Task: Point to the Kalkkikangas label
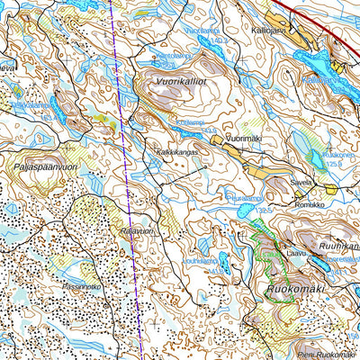pos(176,153)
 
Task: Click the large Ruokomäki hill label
pos(293,290)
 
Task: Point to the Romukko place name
pos(309,204)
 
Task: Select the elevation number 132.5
pos(264,208)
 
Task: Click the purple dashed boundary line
pos(126,180)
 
